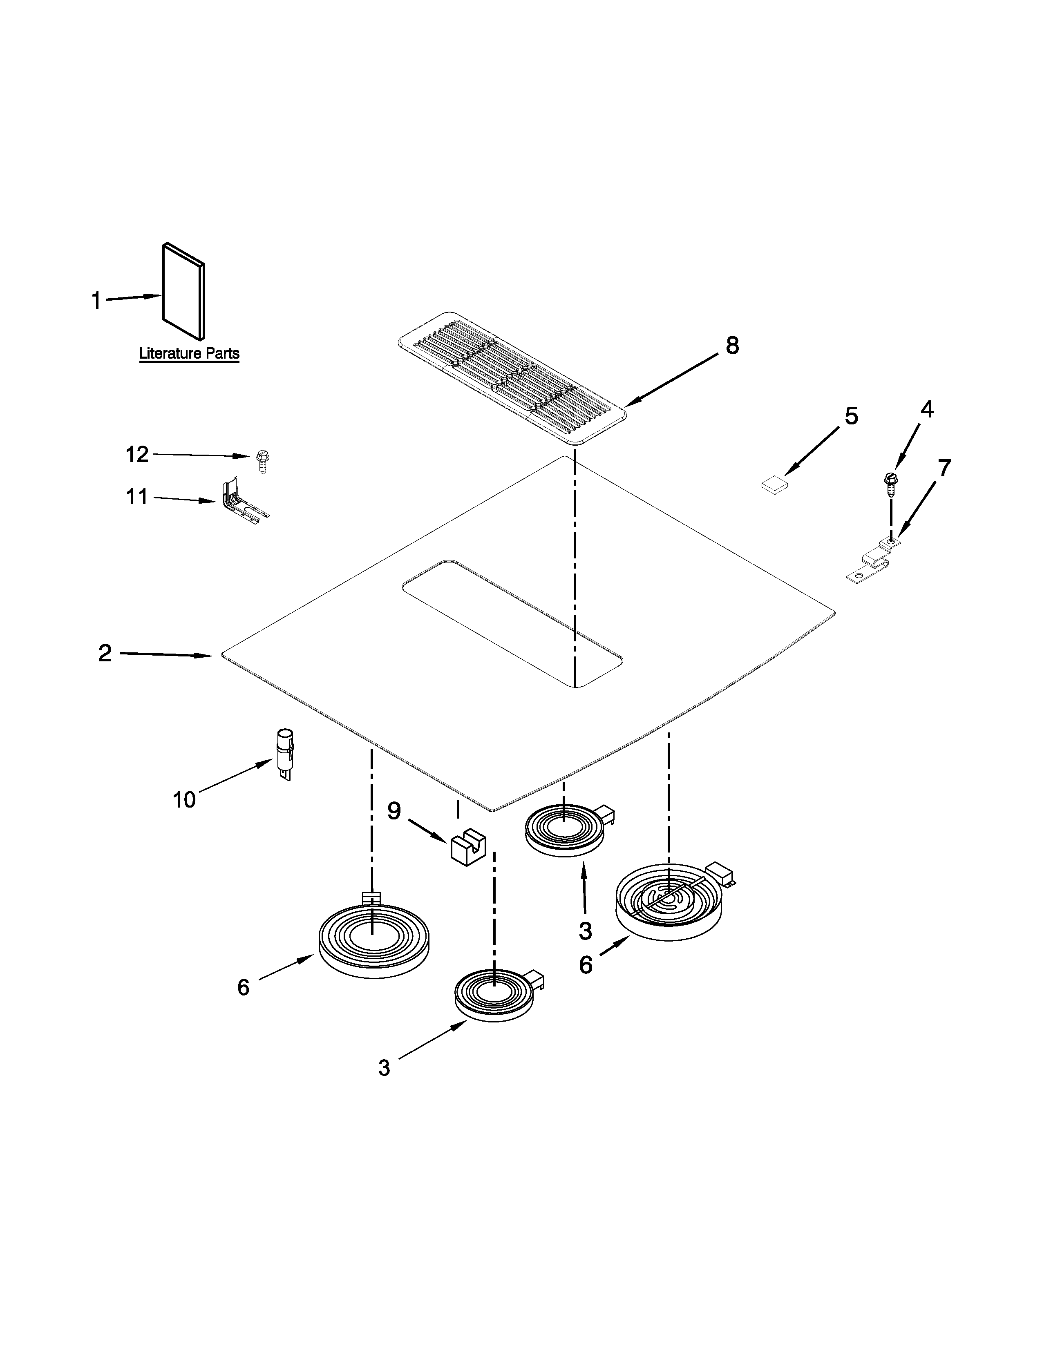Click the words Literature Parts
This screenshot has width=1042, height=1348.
189,354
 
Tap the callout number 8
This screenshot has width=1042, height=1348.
732,346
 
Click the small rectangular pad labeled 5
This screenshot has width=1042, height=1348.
775,485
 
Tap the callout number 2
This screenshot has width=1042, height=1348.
105,653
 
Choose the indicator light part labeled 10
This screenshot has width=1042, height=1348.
284,753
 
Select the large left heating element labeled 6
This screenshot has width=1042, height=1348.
373,941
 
